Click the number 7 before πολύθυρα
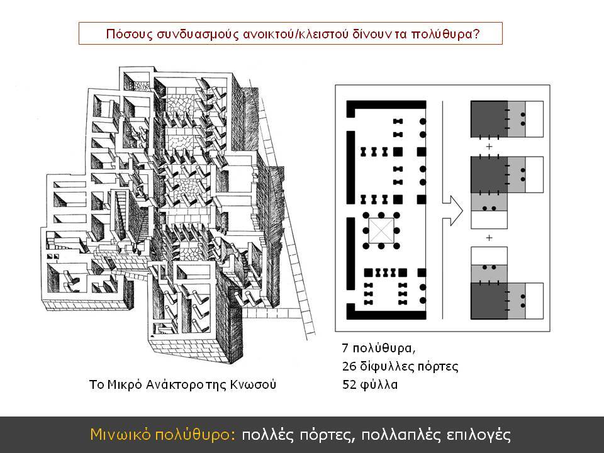pyautogui.click(x=345, y=348)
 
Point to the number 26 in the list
pyautogui.click(x=349, y=366)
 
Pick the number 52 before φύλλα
pyautogui.click(x=349, y=384)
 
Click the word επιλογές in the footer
pyautogui.click(x=479, y=435)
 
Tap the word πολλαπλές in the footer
pyautogui.click(x=401, y=435)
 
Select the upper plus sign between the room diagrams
pyautogui.click(x=489, y=147)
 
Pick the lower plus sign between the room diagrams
pyautogui.click(x=489, y=238)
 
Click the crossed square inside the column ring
pyautogui.click(x=381, y=231)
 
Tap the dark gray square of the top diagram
pyautogui.click(x=489, y=119)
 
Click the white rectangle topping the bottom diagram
pyautogui.click(x=489, y=256)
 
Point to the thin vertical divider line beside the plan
pyautogui.click(x=442, y=210)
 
